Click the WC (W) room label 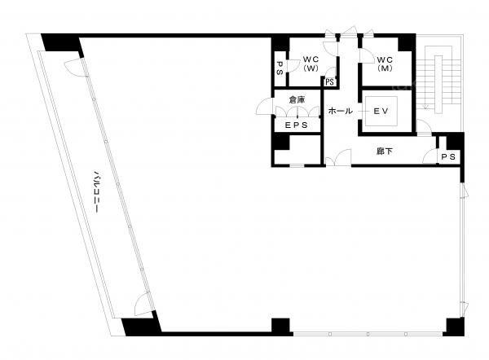311,64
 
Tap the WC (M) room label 385,64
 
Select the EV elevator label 381,111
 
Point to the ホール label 340,111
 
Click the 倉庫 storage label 297,99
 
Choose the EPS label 297,125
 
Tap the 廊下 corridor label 385,151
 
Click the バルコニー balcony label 97,191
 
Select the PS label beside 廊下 448,156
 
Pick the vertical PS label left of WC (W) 280,68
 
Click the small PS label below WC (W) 329,82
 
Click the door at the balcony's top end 74,68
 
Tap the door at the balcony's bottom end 143,304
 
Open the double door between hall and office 338,157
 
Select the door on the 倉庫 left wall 264,106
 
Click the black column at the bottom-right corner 455,327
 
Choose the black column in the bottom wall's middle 280,327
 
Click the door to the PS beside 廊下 430,156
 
